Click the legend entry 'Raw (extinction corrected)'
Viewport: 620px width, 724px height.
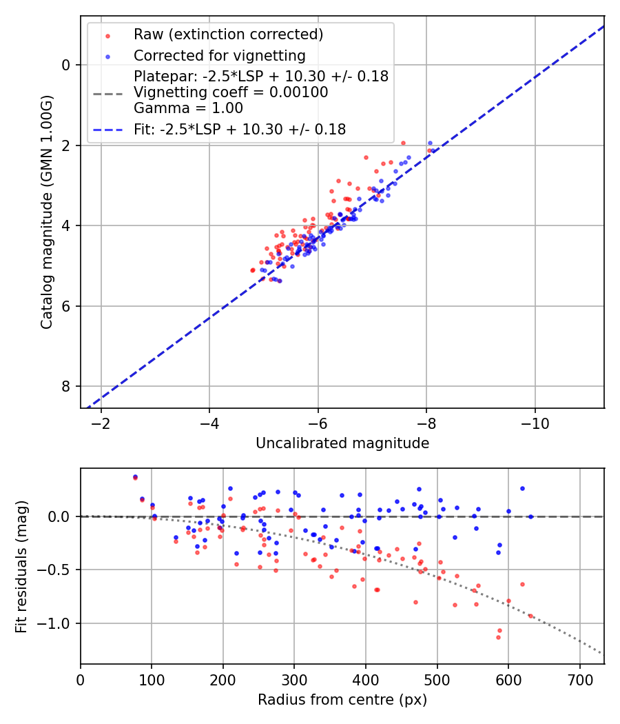tap(228, 34)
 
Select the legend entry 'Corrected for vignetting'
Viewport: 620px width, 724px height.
tap(220, 55)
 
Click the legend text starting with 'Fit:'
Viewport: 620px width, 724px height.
tap(240, 129)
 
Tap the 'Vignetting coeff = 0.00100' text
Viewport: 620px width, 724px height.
tap(231, 92)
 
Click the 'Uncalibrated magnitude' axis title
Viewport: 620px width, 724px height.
tap(342, 443)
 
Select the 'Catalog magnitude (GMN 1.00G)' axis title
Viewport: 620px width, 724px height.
tap(46, 212)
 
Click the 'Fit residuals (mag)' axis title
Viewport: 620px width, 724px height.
tap(21, 566)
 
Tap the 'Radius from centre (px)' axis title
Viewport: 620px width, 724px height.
tap(342, 700)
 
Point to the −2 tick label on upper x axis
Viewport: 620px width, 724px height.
tap(101, 423)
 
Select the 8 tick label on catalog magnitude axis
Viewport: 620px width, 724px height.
tap(66, 386)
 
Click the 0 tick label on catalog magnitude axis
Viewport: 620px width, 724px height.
tap(66, 65)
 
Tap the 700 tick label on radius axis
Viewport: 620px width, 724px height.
tap(579, 679)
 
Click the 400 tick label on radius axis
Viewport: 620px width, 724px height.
tap(366, 679)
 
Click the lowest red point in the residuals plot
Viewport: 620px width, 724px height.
tap(498, 637)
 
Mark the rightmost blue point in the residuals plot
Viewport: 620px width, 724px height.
tap(530, 516)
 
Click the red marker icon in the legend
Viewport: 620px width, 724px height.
tap(107, 34)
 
